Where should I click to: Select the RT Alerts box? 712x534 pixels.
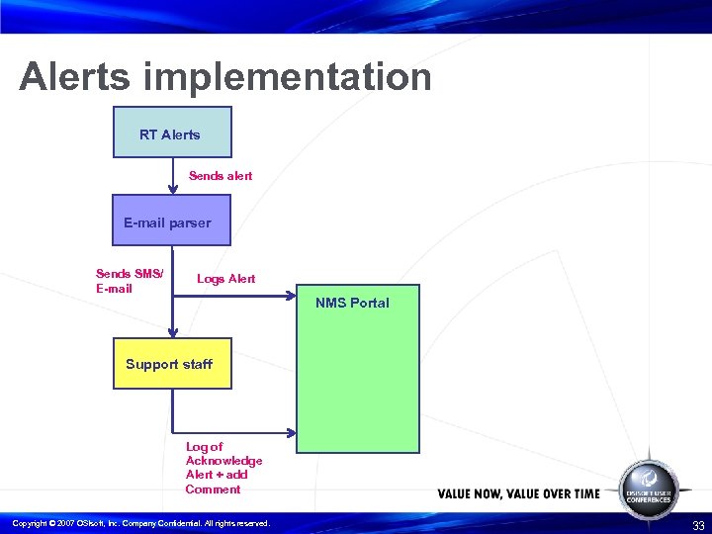point(172,133)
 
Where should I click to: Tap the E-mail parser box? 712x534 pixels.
point(172,220)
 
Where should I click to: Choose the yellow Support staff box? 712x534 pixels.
point(172,364)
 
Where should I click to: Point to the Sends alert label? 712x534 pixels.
point(221,176)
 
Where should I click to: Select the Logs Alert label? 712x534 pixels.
point(225,279)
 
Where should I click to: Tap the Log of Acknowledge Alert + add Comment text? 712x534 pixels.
point(223,468)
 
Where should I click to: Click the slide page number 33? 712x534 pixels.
point(698,525)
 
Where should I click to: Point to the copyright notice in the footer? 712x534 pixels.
point(139,523)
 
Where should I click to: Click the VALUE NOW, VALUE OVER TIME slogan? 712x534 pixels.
point(518,493)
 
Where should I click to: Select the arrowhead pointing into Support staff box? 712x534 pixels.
point(172,333)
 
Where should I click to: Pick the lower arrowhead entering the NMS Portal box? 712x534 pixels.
point(292,432)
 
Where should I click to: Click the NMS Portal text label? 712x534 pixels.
point(352,303)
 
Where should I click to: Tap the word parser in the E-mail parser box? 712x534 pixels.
point(190,223)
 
